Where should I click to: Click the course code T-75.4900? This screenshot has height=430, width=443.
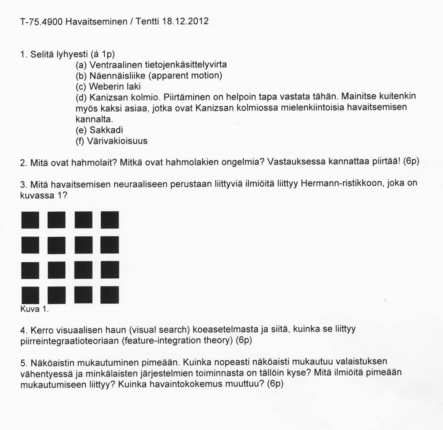41,21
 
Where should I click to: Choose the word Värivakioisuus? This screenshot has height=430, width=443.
117,141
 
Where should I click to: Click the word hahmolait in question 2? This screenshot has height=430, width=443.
94,162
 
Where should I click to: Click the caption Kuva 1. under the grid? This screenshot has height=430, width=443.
34,309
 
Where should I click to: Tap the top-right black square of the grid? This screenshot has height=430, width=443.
109,220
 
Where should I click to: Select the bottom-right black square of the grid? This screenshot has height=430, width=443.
109,295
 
